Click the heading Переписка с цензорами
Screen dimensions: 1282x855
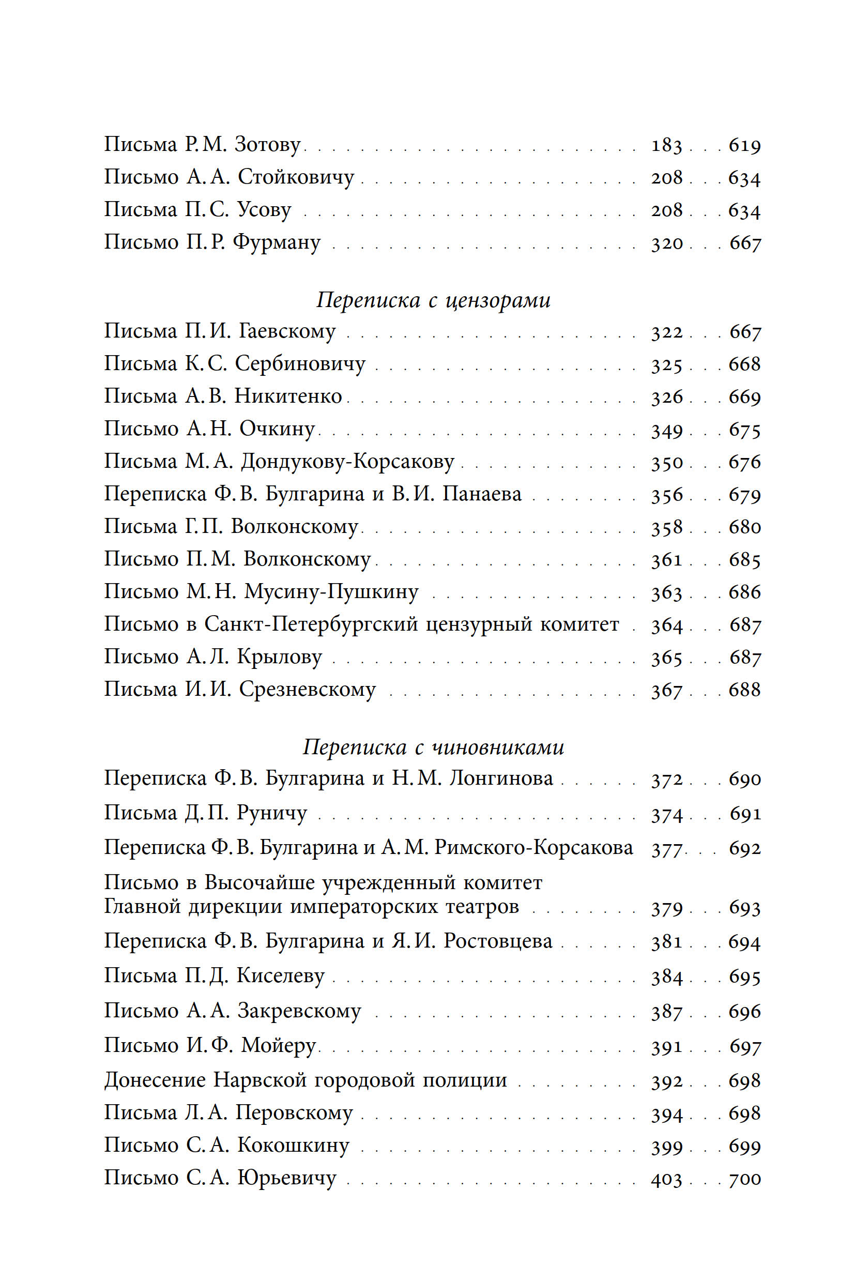coord(434,300)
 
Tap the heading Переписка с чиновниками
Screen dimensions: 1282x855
coord(434,747)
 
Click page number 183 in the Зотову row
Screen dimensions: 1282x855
coord(666,146)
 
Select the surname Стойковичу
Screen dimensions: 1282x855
coord(296,177)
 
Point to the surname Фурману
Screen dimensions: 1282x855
coord(277,242)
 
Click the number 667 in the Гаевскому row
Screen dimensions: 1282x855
coord(745,331)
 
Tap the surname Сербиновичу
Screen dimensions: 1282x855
coord(300,364)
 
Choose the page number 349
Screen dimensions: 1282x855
coord(666,430)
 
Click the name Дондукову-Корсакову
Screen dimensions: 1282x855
coord(347,462)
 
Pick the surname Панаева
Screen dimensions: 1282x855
coord(481,494)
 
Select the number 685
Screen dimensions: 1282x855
coord(745,559)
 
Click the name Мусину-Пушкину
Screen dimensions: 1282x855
coord(331,592)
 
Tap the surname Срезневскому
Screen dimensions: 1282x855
coord(308,690)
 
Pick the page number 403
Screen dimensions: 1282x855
coord(666,1180)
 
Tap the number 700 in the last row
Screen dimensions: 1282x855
coord(745,1179)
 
